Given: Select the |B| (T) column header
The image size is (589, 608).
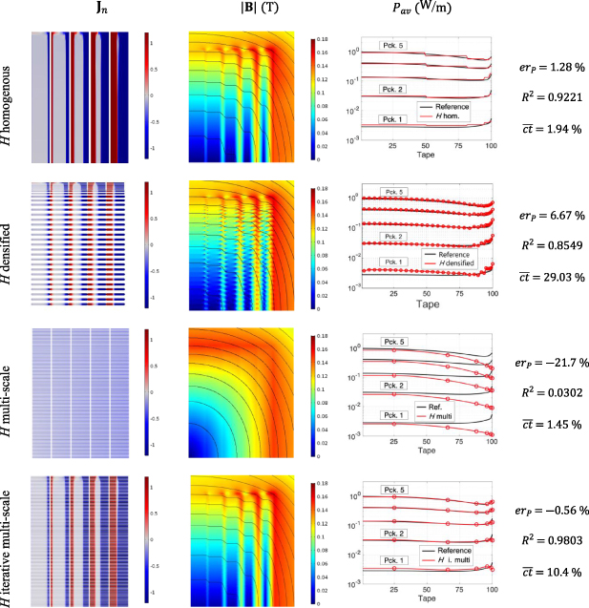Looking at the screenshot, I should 242,14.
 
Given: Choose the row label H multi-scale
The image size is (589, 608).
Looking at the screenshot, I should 10,393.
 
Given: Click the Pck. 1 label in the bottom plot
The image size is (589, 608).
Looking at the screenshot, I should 396,560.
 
